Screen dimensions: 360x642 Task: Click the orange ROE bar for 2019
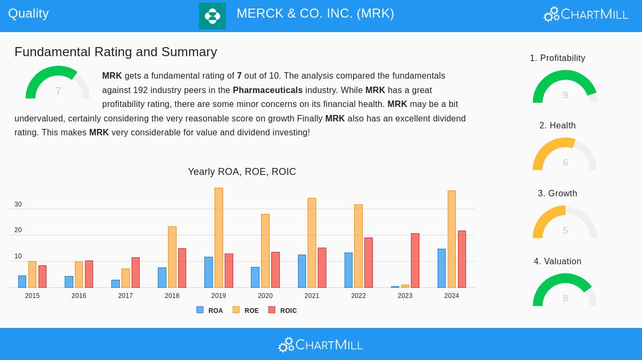click(219, 238)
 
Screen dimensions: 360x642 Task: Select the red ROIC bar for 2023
click(415, 261)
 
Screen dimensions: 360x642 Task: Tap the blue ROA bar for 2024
click(441, 268)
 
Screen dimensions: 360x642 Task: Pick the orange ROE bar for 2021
click(312, 243)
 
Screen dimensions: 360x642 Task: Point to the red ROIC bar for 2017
click(135, 272)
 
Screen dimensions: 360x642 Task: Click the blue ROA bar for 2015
click(22, 281)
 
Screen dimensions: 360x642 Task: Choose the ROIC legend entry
click(282, 310)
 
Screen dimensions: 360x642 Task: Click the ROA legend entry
click(210, 310)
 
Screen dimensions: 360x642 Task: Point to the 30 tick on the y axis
click(18, 204)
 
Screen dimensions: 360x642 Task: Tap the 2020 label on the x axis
click(265, 296)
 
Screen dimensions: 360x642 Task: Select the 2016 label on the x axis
click(79, 296)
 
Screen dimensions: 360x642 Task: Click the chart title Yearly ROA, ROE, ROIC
click(242, 172)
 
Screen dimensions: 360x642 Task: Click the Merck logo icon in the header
click(212, 16)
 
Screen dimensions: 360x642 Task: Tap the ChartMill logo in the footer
click(320, 344)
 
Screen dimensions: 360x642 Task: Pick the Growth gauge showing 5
click(565, 223)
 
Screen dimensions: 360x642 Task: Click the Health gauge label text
click(557, 126)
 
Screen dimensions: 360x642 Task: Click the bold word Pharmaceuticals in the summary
click(267, 90)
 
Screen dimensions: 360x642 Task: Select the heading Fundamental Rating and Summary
click(116, 52)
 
